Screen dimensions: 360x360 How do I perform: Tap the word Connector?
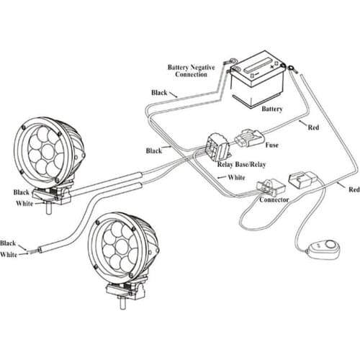(x=274, y=199)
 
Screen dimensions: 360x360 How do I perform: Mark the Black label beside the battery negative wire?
(x=160, y=93)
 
